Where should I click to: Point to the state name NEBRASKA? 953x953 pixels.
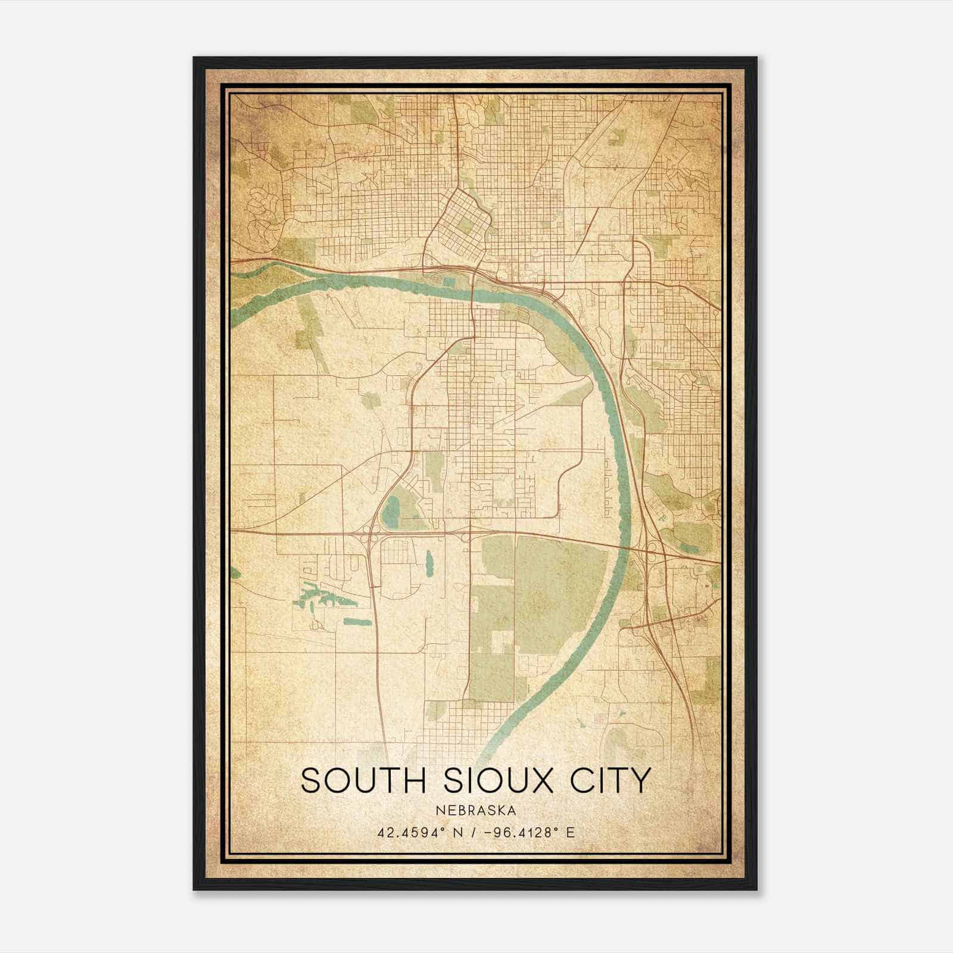(475, 810)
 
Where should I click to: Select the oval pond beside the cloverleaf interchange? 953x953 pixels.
(391, 510)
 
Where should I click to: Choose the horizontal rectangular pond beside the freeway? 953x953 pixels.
(357, 622)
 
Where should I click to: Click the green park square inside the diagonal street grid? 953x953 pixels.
(465, 226)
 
